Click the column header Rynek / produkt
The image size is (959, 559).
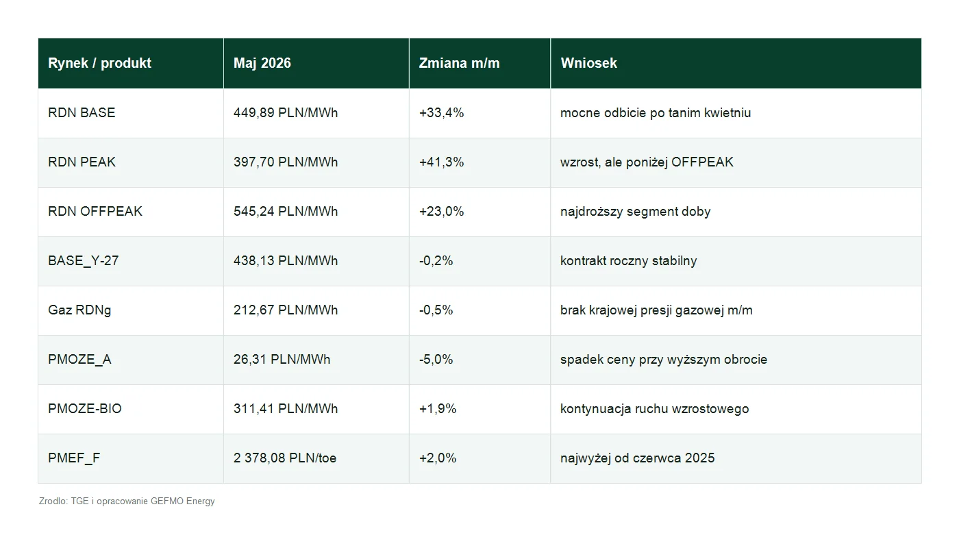[99, 63]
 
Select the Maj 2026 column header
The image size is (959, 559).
[262, 63]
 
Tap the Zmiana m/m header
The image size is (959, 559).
[459, 63]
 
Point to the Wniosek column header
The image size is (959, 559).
[588, 63]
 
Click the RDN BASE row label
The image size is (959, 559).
[82, 112]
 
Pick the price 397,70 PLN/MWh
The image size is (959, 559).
[286, 162]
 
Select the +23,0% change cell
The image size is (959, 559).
[441, 211]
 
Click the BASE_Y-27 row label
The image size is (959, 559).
[83, 261]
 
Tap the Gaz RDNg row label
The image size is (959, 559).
[79, 310]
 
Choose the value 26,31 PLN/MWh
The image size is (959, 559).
[282, 359]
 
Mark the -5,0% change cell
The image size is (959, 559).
[436, 359]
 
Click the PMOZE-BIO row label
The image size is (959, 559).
[85, 408]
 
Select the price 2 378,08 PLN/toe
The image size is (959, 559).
[285, 458]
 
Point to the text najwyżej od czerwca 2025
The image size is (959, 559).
[638, 458]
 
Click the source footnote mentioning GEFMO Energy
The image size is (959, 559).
[127, 501]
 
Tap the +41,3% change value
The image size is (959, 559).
[441, 162]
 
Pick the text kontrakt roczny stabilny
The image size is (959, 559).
[629, 261]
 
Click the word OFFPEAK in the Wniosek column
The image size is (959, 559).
[702, 162]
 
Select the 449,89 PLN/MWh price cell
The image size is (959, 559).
[286, 112]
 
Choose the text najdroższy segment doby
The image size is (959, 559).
[636, 212]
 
